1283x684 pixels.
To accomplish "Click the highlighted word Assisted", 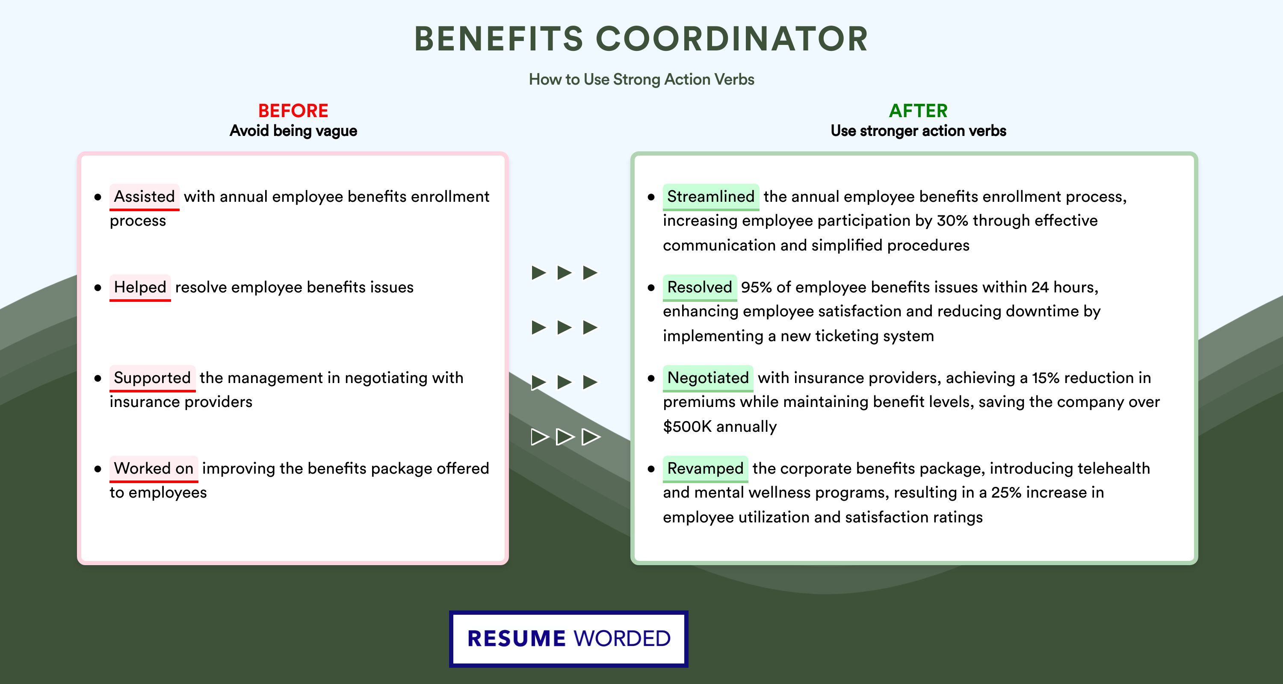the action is click(145, 197).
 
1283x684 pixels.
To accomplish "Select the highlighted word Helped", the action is click(140, 287).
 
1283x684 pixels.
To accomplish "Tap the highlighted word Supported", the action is click(152, 378).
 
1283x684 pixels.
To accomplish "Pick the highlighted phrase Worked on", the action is click(154, 469).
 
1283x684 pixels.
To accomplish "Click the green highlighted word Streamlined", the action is click(711, 197).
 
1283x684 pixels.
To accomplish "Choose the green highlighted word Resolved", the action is click(700, 287).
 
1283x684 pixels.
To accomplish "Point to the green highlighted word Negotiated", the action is click(708, 378).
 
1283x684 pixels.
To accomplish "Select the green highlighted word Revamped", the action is click(705, 469).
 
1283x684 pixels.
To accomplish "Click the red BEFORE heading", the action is click(293, 111).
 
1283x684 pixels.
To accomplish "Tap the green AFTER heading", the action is click(919, 111).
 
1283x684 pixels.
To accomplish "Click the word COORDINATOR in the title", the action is click(732, 39).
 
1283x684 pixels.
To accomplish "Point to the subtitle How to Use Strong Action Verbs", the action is click(641, 79).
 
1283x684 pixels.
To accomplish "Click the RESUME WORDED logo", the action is click(569, 639).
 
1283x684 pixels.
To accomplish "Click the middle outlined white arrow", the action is click(565, 437).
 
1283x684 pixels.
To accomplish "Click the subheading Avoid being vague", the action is click(293, 131).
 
